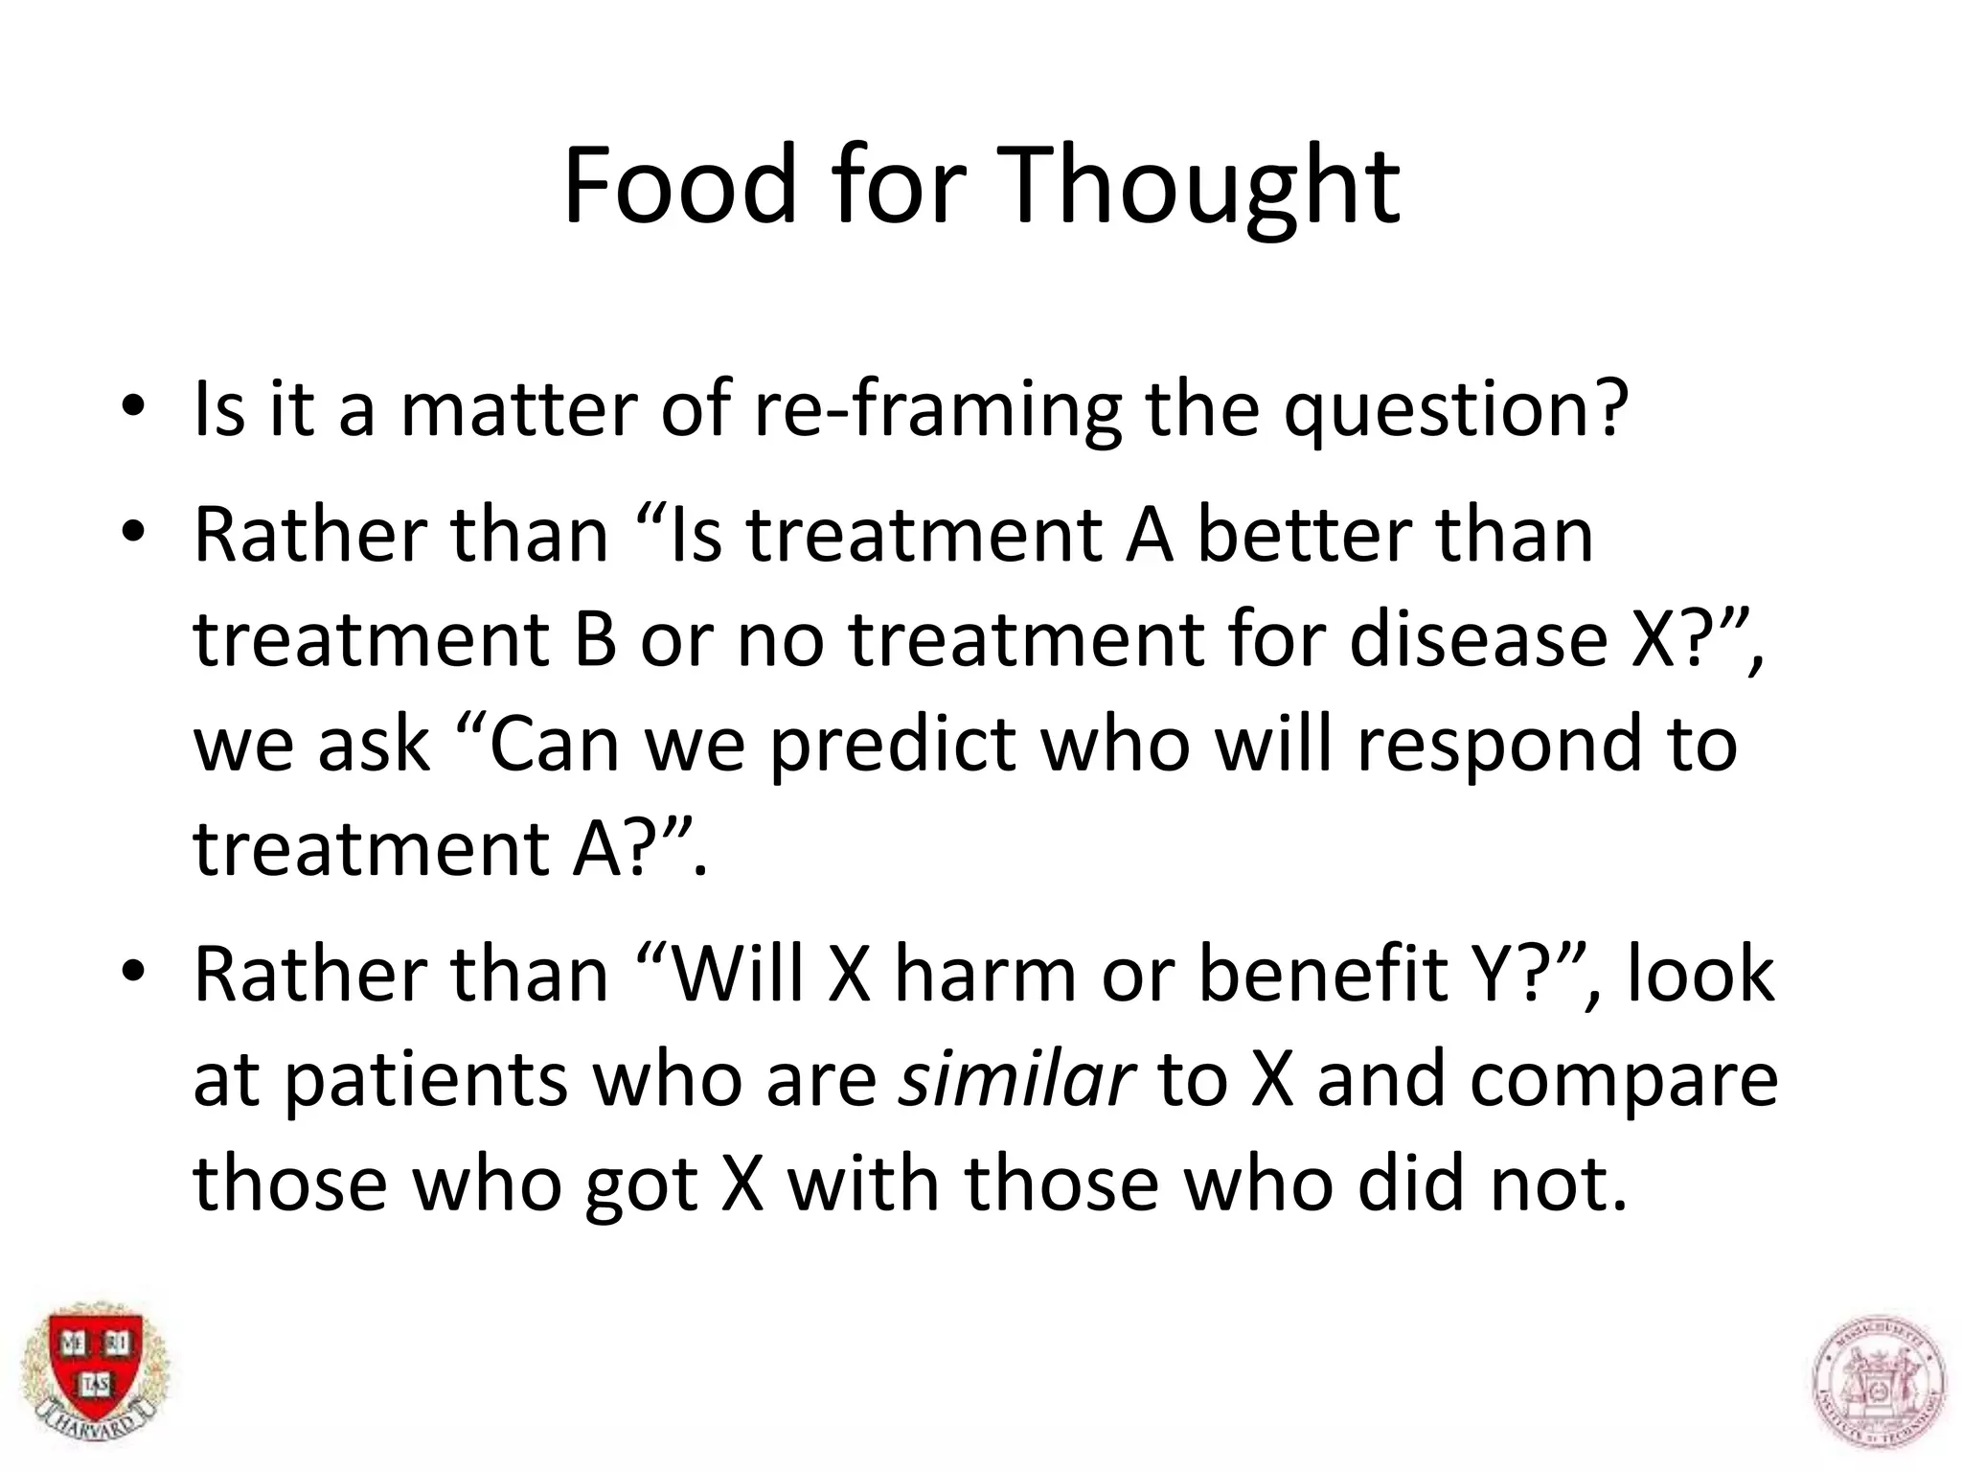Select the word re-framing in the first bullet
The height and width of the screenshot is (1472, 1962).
click(937, 411)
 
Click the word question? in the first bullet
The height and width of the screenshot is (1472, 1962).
click(1455, 411)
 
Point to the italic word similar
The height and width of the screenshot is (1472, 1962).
click(1015, 1079)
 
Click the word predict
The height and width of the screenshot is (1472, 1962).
click(892, 745)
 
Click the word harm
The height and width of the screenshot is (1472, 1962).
click(987, 974)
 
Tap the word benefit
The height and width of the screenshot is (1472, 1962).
click(1323, 974)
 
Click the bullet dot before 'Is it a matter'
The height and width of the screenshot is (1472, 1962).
click(132, 405)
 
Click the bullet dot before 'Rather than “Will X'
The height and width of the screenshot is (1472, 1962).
click(132, 971)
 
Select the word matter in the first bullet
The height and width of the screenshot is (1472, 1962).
click(518, 409)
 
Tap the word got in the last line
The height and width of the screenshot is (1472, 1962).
click(640, 1186)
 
